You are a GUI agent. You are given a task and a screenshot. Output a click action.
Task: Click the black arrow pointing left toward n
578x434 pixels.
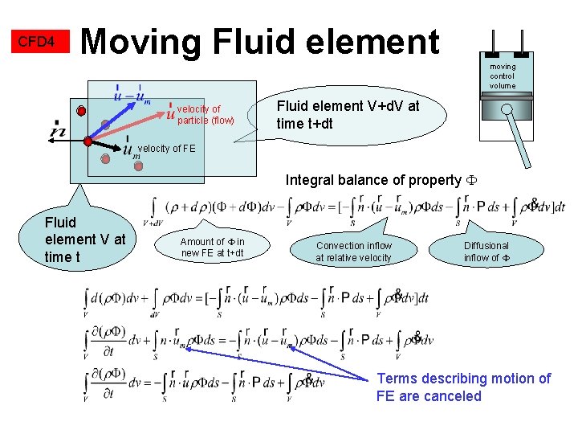[68, 139]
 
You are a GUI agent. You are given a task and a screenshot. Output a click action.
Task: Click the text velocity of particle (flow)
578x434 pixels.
[205, 115]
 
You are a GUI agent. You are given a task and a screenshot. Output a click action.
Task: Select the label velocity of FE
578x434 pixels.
[166, 149]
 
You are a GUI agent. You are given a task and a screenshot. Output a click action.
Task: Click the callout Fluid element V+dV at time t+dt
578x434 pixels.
[348, 115]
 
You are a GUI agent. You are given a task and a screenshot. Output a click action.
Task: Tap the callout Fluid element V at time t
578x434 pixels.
[85, 239]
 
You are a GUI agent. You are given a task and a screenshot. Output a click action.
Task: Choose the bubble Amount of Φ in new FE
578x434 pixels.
[213, 248]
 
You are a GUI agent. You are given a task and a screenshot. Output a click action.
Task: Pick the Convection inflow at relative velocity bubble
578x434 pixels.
[353, 252]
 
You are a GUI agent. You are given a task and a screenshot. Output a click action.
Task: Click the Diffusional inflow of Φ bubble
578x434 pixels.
[486, 252]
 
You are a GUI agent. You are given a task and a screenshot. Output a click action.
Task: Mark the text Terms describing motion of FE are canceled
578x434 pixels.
[463, 387]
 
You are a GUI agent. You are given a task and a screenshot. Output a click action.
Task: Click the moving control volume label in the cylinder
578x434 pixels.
[503, 76]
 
